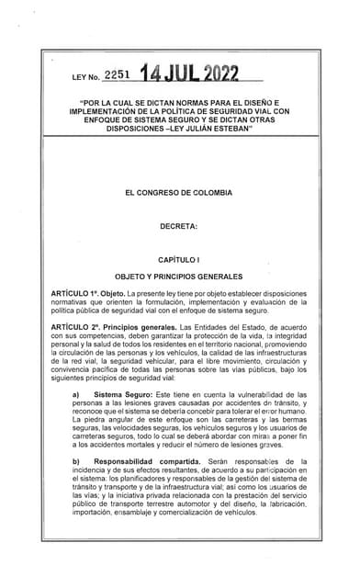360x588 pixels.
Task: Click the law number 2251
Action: click(122, 76)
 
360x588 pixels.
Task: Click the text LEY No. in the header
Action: click(85, 79)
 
